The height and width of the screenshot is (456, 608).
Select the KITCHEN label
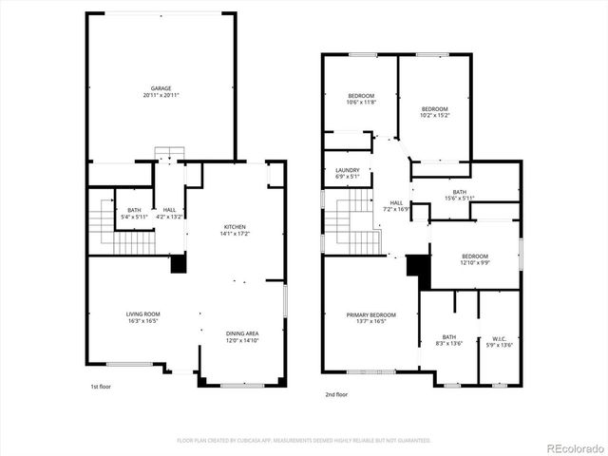235,226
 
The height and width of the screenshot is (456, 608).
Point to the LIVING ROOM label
143,313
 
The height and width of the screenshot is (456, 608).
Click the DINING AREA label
242,333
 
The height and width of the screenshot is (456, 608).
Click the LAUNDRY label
347,173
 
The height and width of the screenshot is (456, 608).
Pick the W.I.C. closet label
499,338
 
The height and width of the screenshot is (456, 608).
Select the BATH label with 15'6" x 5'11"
460,194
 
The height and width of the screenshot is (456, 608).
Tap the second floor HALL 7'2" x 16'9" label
396,205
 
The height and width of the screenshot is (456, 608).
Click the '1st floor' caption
102,387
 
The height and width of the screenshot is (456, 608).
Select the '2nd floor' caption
336,393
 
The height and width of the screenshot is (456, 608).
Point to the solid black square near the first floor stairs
178,265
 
